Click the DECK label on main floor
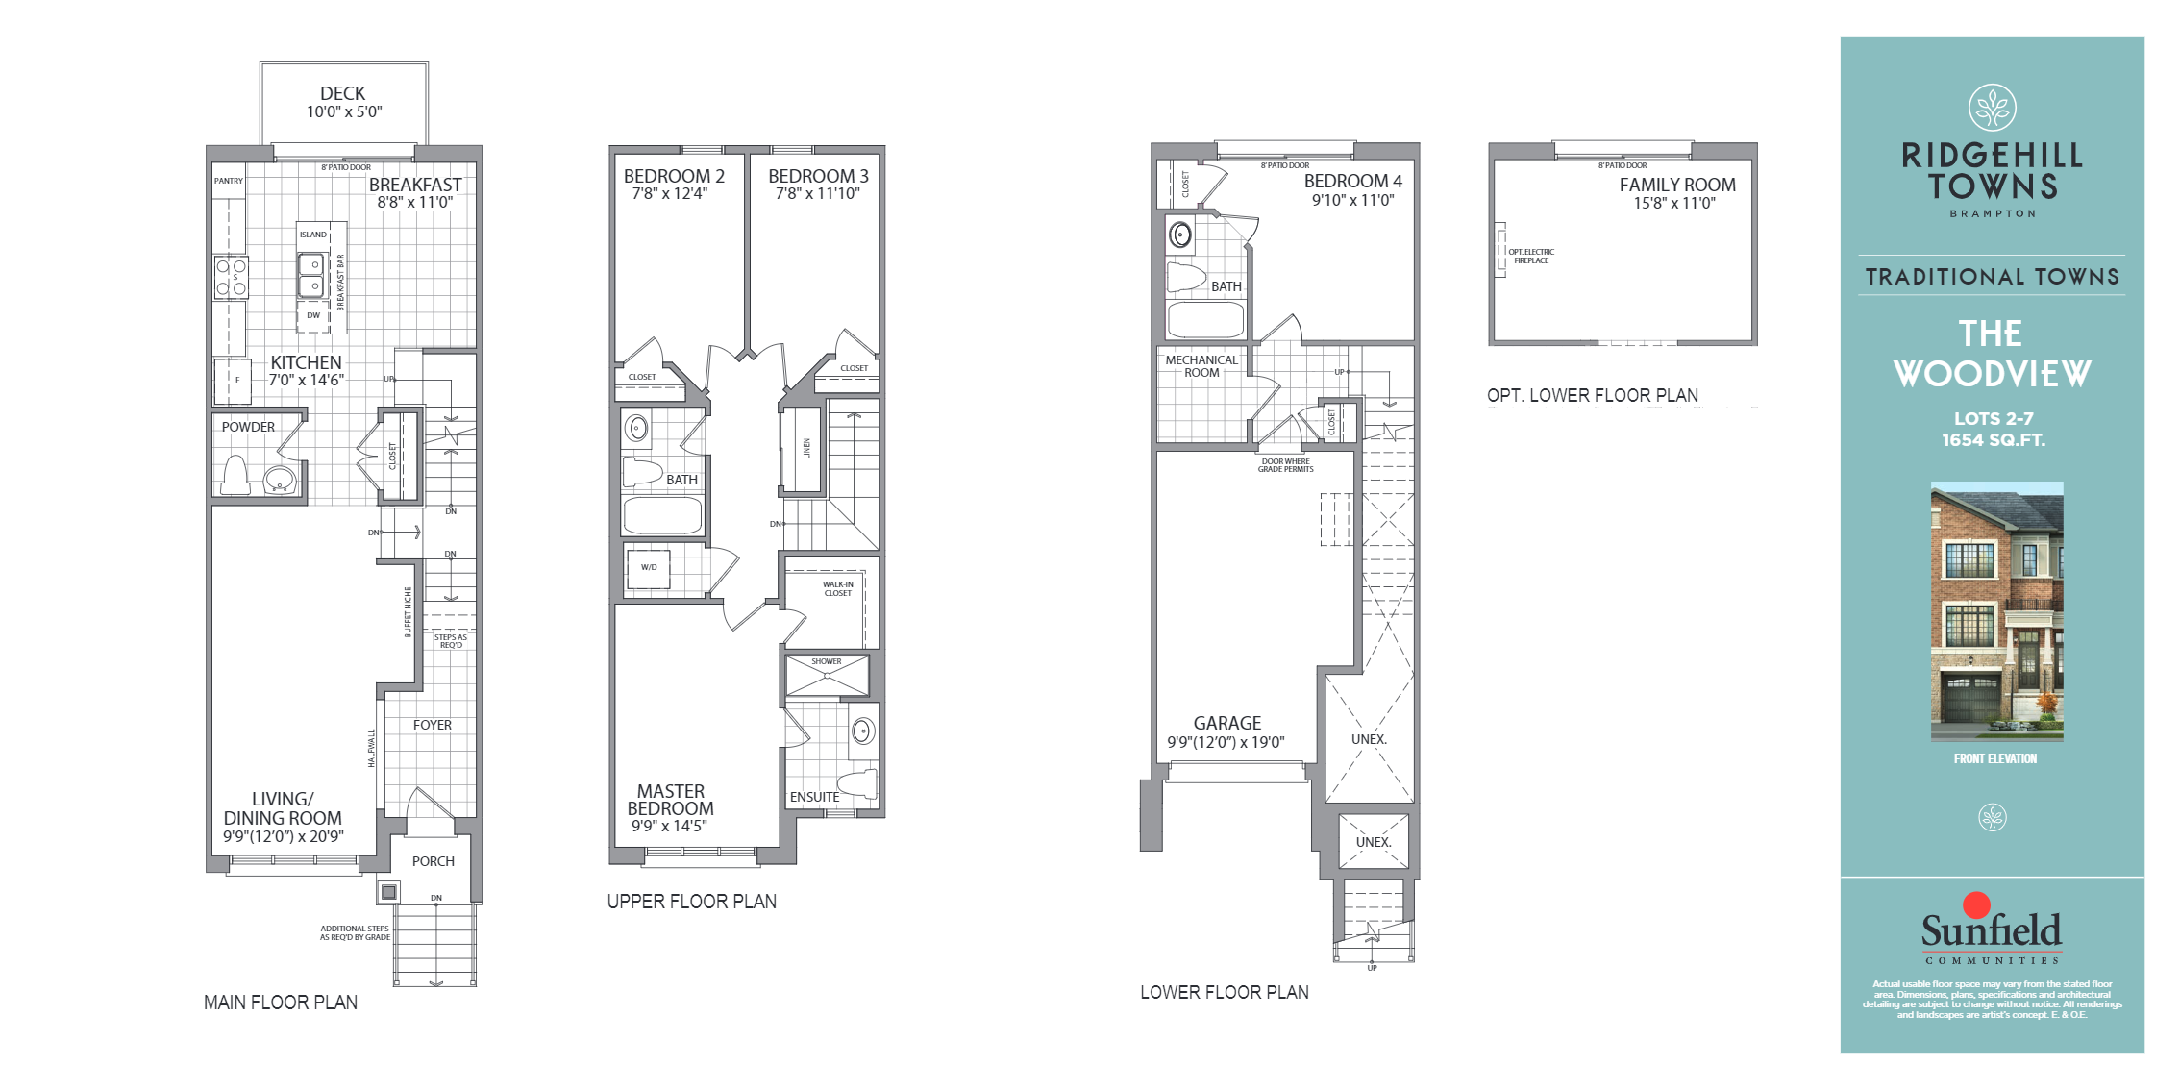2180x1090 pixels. (x=342, y=93)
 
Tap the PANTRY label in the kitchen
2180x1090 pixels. (x=229, y=181)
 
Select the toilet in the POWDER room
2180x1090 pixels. (x=235, y=477)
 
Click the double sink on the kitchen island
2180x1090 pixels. (x=311, y=275)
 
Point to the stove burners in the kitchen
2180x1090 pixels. (x=231, y=277)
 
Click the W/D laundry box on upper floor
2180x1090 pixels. (x=649, y=568)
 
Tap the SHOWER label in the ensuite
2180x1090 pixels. (x=826, y=661)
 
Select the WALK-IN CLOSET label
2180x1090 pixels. (x=837, y=588)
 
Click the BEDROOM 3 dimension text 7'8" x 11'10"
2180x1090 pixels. (x=817, y=194)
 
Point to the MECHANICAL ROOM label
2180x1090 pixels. (x=1201, y=366)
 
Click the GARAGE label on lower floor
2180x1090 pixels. (x=1226, y=723)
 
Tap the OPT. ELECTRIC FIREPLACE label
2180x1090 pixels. (x=1530, y=257)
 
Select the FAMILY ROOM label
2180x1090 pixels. (x=1677, y=185)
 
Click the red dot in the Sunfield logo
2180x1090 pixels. (x=1976, y=904)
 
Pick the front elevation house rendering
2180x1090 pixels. (x=1996, y=611)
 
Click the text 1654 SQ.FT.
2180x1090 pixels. (x=1993, y=440)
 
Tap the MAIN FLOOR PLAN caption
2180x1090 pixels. (x=281, y=1003)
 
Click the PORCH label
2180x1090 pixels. (x=433, y=861)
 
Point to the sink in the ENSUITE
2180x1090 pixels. (x=863, y=731)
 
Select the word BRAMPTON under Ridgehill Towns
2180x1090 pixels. (x=1992, y=213)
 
